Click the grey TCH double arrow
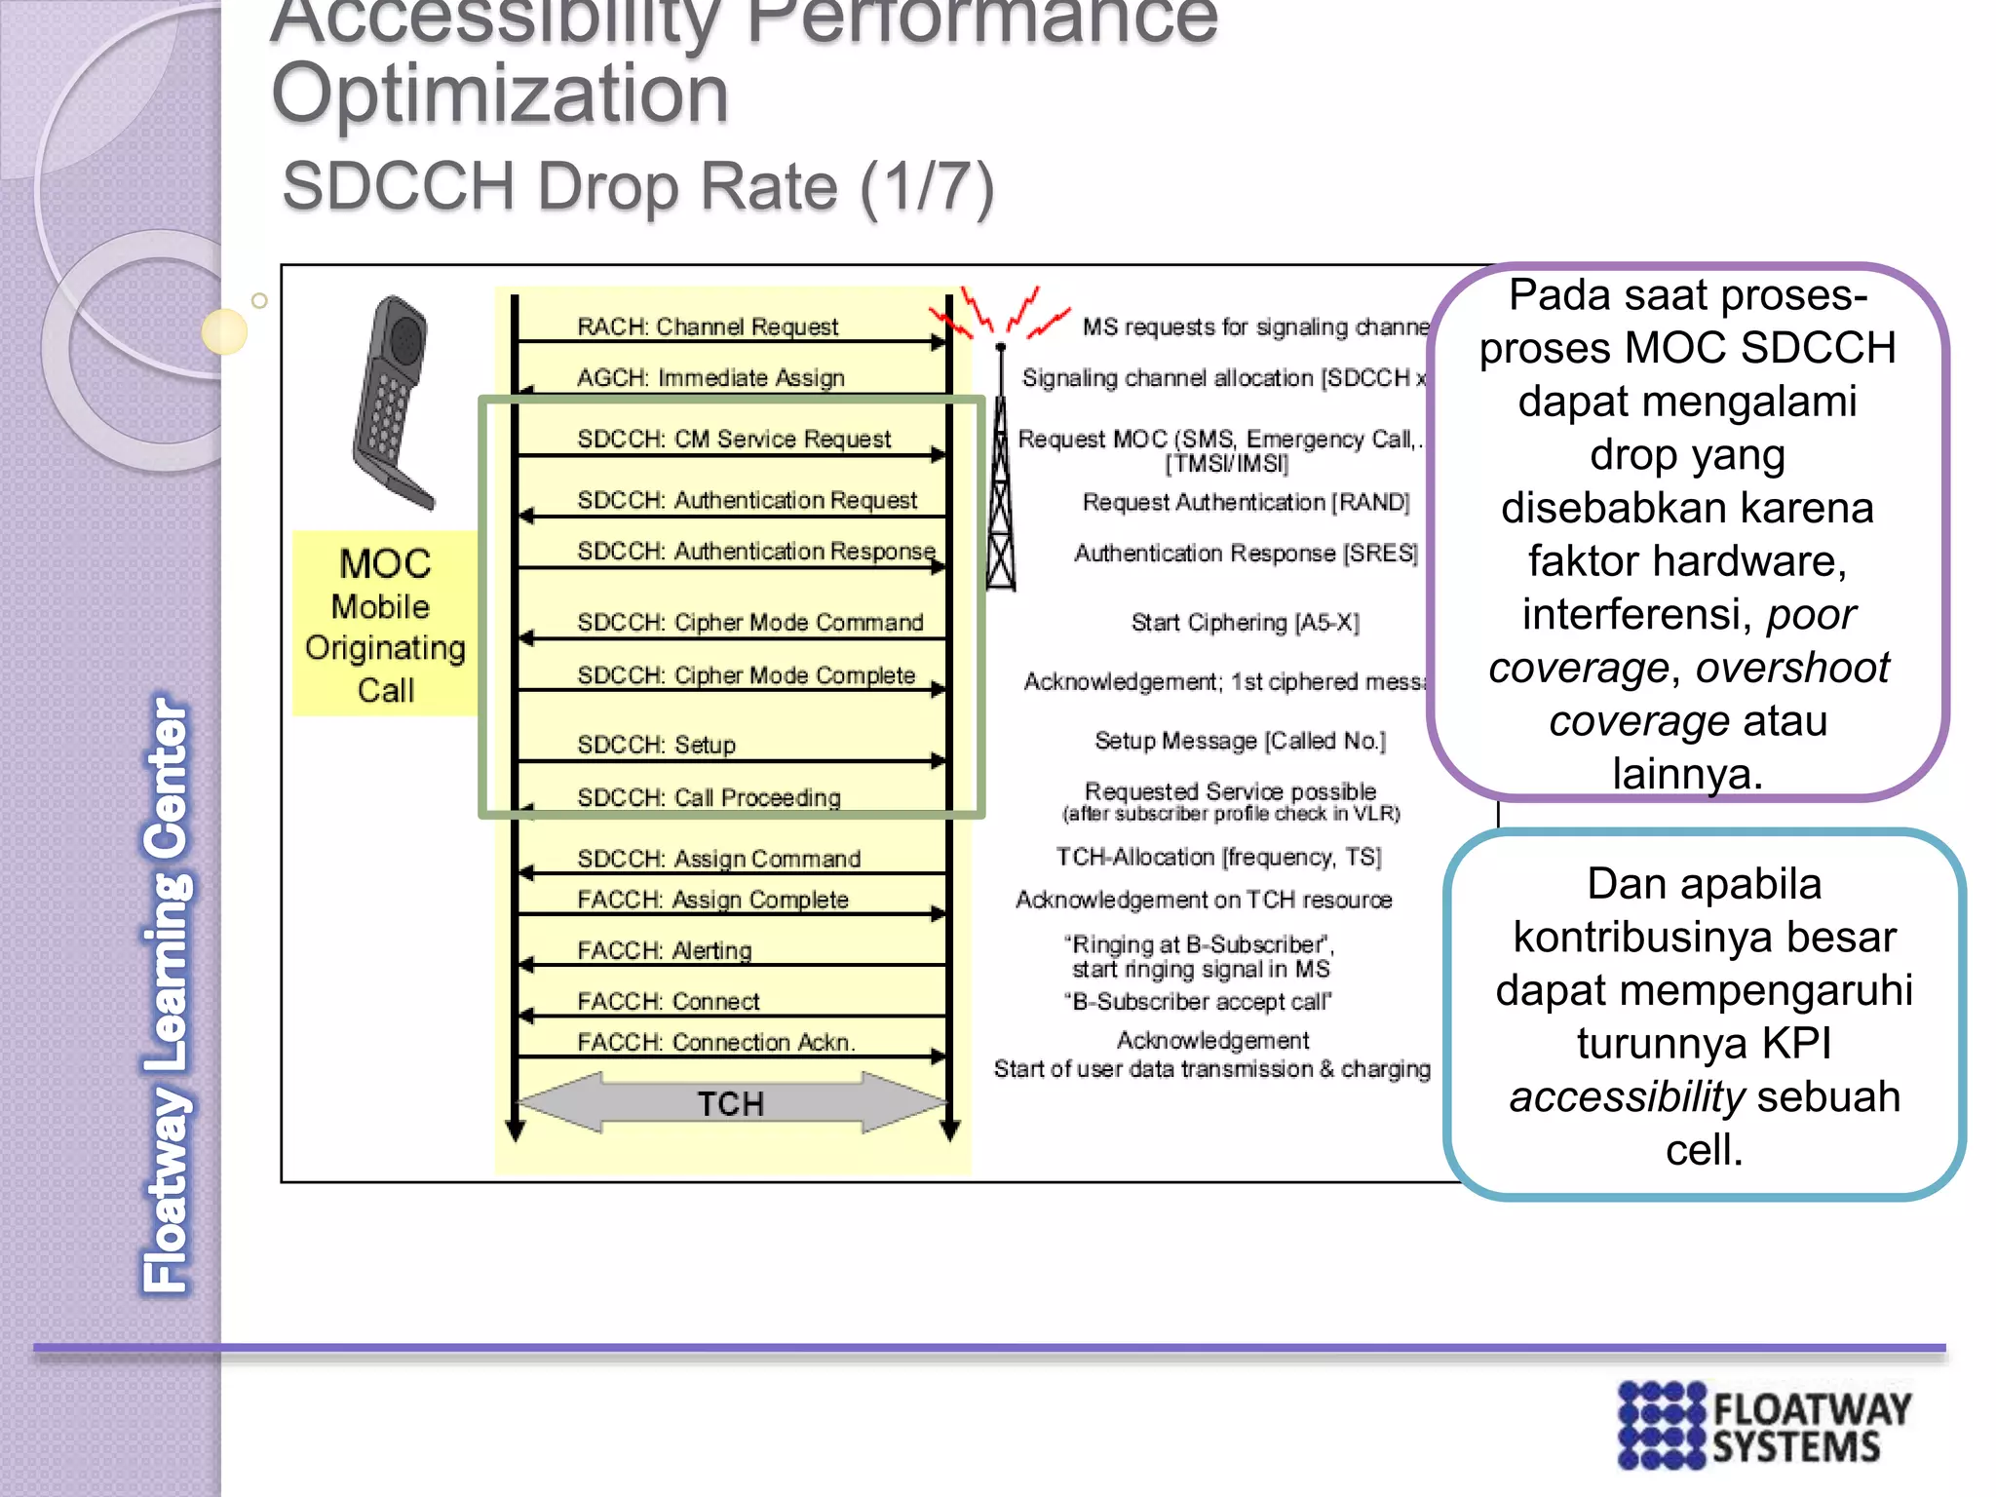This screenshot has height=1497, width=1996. pos(731,1103)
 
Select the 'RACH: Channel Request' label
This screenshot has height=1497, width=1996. pos(707,326)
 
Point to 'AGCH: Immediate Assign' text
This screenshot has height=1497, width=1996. pos(710,378)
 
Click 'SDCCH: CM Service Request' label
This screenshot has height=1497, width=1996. pos(733,440)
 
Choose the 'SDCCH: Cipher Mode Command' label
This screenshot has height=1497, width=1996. pos(749,623)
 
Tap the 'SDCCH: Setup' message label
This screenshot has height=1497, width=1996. pos(656,746)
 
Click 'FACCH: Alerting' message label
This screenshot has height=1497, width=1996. pos(664,950)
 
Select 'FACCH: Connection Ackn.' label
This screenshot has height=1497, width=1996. pos(715,1043)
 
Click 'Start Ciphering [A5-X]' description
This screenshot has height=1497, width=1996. pos(1245,623)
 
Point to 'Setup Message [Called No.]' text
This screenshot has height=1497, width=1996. pos(1239,742)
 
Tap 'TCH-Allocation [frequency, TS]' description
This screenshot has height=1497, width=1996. pos(1218,858)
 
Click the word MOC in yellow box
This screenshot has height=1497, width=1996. pos(385,564)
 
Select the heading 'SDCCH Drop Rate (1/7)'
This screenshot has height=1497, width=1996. pos(637,187)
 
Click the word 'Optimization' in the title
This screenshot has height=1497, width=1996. pos(499,95)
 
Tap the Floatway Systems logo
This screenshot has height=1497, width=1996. pos(1764,1425)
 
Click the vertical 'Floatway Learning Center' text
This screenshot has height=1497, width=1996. pos(167,994)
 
